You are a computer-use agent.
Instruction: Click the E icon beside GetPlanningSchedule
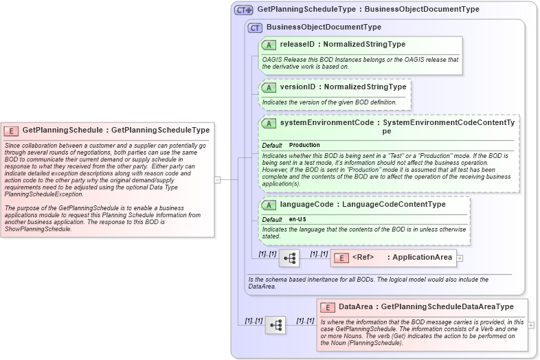[12, 130]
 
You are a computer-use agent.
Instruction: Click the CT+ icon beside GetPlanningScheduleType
[244, 10]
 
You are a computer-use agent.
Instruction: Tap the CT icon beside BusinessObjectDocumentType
[256, 27]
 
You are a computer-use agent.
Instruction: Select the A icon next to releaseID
[269, 45]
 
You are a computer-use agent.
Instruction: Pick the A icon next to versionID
[269, 87]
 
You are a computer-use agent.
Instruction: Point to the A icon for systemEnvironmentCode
[269, 124]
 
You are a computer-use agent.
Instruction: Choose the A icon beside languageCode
[269, 205]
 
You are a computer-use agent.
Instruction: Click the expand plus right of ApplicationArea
[460, 258]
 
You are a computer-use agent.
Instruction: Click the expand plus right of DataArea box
[532, 325]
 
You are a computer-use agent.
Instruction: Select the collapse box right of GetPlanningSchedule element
[218, 180]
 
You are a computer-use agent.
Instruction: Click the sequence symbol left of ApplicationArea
[289, 258]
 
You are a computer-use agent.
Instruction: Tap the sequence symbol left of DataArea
[275, 325]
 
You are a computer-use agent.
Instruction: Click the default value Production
[304, 146]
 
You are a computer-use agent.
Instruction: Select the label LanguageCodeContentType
[402, 205]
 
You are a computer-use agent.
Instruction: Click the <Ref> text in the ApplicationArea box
[363, 258]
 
